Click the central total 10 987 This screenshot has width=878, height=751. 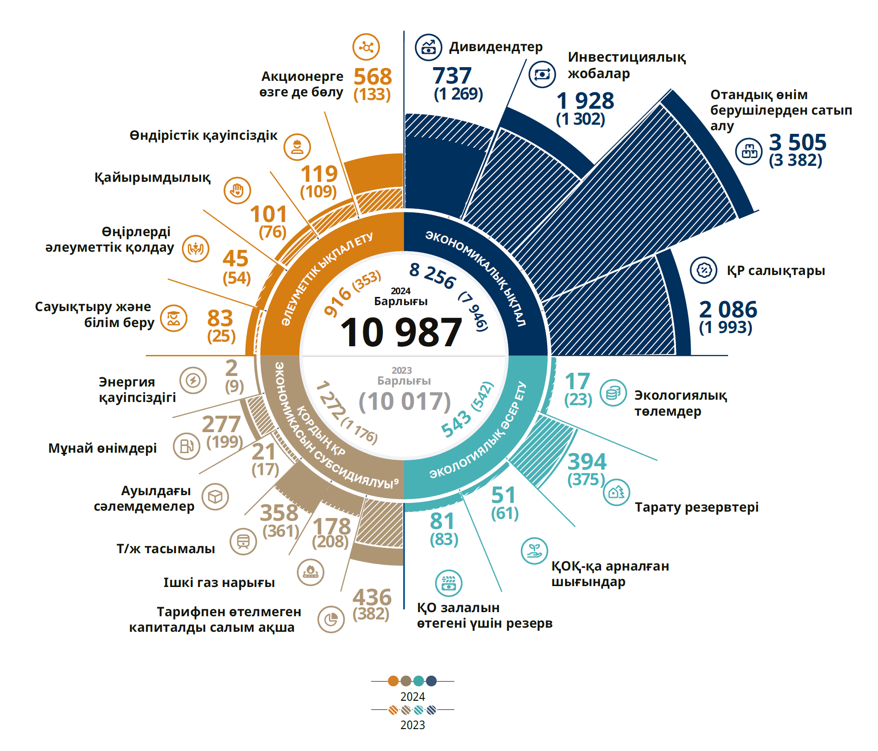pos(401,332)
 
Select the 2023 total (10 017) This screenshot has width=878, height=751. pos(404,402)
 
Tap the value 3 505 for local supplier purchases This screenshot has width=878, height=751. pos(798,142)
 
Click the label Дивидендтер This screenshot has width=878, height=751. pos(495,47)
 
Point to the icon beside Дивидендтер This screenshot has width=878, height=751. pos(428,47)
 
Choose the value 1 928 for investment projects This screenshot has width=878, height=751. pos(585,100)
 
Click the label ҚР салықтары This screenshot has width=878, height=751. pos(776,270)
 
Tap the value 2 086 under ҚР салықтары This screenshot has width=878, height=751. pos(728,309)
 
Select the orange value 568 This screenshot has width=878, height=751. pos(372,76)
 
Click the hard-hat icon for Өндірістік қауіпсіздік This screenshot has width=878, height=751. pos(297,147)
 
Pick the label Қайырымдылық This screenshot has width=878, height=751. pos(152,177)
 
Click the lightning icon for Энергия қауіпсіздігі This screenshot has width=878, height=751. pos(193,380)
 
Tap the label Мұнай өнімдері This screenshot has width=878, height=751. pos(102,448)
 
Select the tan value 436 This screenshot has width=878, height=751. pos(372,597)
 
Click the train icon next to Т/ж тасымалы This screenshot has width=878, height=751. pos(243,542)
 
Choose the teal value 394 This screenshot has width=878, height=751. pos(587,461)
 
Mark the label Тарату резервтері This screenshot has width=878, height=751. pos(696,507)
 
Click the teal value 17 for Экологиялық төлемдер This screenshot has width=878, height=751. pos(577,381)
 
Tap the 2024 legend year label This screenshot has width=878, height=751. pos(412,697)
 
